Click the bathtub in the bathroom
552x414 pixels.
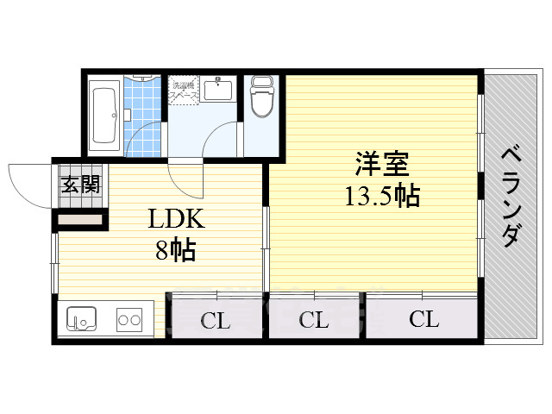coord(107,115)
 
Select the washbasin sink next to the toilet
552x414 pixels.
coord(219,89)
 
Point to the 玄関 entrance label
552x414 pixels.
coord(80,184)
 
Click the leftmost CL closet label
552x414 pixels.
coord(216,322)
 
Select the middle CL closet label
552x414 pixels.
coord(315,322)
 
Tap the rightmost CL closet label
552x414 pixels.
coord(423,320)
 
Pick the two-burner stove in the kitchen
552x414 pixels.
coord(129,321)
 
